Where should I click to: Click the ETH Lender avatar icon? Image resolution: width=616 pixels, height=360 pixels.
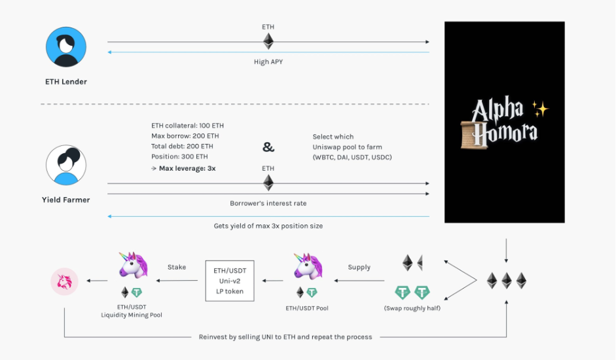[x=66, y=46]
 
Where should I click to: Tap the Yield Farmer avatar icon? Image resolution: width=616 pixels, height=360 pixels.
[x=66, y=165]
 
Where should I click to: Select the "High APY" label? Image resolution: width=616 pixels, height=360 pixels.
[x=268, y=62]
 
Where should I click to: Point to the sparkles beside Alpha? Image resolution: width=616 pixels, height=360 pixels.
[x=540, y=109]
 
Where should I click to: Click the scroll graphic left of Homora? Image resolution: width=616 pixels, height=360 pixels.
[x=474, y=135]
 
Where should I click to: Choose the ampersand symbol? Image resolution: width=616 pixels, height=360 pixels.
[x=268, y=147]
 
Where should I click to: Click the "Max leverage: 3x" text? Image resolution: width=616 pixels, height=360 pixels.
[x=187, y=168]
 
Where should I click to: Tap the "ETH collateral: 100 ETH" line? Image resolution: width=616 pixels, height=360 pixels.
[x=187, y=126]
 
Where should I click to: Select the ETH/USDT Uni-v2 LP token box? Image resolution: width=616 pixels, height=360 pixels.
[x=230, y=281]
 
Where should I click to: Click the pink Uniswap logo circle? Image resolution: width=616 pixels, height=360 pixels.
[x=64, y=281]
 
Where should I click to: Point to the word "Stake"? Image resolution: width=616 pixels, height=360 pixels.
[x=177, y=267]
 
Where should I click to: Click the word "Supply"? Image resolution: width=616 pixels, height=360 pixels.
[x=359, y=267]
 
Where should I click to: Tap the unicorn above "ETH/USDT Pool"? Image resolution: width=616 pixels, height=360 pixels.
[x=308, y=266]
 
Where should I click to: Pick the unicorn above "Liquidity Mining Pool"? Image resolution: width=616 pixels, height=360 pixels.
[x=133, y=265]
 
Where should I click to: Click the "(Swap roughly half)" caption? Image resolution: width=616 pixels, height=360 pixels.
[x=412, y=308]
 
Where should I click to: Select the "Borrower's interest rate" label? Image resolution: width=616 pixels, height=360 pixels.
[x=268, y=203]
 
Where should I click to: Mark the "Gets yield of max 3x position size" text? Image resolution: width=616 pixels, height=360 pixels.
[x=268, y=226]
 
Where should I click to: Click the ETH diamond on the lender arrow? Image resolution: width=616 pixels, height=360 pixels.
[x=268, y=41]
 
